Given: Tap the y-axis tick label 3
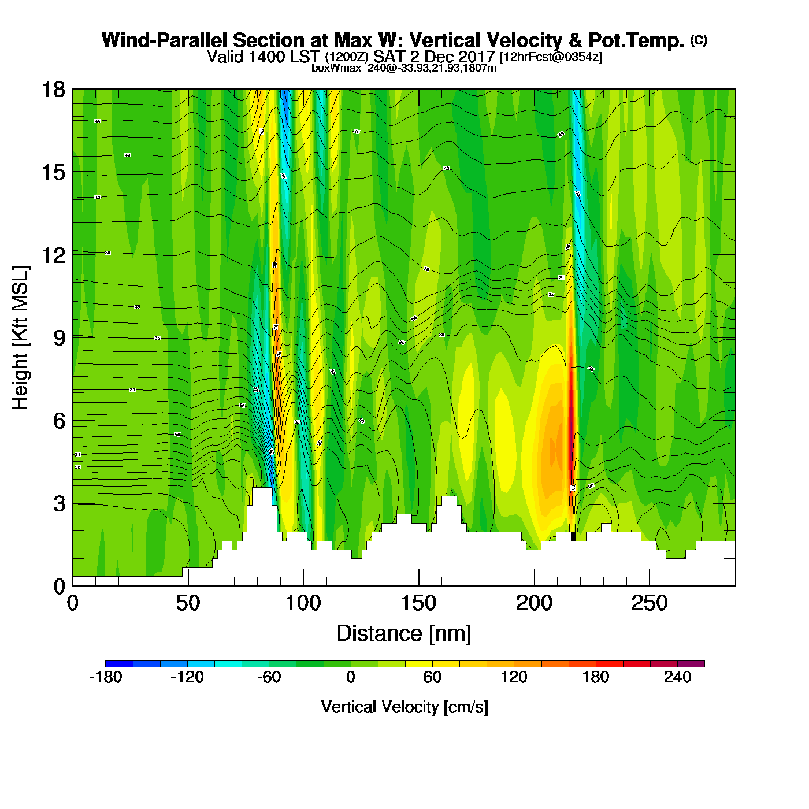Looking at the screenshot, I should coord(59,503).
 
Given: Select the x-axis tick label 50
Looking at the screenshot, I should coord(188,604).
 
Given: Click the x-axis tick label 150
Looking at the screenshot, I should coord(418,604).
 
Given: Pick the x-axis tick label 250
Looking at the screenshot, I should coord(650,604).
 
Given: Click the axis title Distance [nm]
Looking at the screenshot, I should coord(404,634).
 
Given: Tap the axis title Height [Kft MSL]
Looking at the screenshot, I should coord(20,338).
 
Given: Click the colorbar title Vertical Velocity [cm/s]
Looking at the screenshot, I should coord(404,707).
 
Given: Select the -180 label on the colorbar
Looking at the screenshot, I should coord(106,677).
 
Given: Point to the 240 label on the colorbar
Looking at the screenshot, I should coord(677,677).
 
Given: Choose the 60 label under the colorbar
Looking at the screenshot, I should coord(432,677).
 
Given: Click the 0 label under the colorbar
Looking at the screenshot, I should coord(351,677).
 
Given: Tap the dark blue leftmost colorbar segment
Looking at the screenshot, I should coord(119,664).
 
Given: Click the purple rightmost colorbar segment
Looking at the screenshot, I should coord(691,664).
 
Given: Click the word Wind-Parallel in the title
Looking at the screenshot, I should coord(165,40).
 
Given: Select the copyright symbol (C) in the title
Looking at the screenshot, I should coord(699,40).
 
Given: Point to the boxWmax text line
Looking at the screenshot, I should coord(404,68).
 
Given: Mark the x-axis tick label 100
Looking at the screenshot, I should coord(303,604).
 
